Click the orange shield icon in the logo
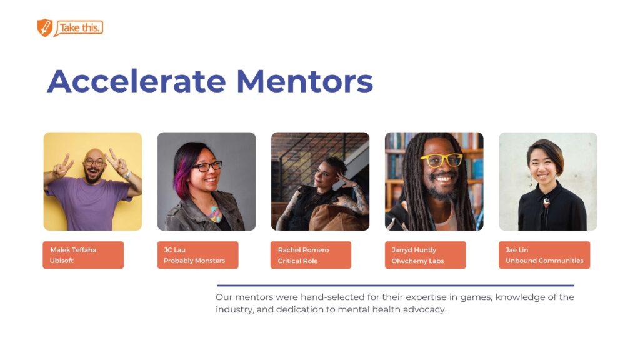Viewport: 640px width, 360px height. click(45, 27)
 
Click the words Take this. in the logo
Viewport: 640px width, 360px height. click(79, 27)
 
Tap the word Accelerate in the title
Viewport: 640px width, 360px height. click(136, 81)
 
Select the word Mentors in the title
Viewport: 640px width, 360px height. click(304, 81)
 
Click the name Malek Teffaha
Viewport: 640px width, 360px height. click(73, 250)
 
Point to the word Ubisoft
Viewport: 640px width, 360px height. click(62, 261)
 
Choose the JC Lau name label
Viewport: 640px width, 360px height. click(175, 250)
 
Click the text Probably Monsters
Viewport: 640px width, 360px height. click(194, 261)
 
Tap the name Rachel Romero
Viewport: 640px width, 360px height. click(303, 250)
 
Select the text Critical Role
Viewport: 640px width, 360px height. click(297, 261)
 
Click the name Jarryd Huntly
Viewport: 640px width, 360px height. click(414, 250)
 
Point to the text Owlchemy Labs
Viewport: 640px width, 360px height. click(417, 261)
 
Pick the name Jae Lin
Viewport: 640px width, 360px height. click(517, 250)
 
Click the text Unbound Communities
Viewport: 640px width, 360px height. click(544, 261)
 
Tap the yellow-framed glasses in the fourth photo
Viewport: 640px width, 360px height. click(442, 159)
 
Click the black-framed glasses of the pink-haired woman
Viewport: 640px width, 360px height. click(207, 166)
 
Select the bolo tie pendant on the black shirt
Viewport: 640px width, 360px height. click(546, 202)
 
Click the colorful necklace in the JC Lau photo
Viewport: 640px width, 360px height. click(215, 214)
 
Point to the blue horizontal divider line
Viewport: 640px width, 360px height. click(395, 285)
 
